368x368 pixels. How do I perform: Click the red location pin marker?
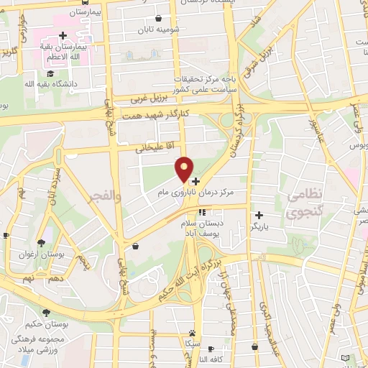185,169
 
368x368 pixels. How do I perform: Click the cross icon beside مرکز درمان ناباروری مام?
195,182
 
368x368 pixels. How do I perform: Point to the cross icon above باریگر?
259,214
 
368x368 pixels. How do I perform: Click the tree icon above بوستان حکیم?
47,313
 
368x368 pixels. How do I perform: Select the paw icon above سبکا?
193,333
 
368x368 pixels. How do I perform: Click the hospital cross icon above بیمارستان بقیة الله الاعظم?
63,34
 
